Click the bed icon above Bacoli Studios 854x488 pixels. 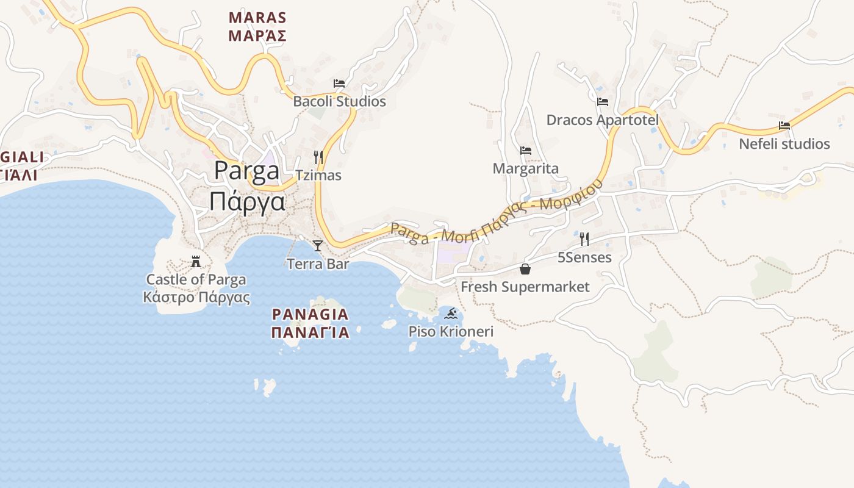click(x=339, y=83)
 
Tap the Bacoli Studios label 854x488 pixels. click(x=339, y=101)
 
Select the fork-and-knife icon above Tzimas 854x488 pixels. click(x=318, y=157)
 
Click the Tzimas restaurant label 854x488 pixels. click(x=318, y=176)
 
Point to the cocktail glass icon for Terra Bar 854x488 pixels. click(x=317, y=246)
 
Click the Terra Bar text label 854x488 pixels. click(x=318, y=264)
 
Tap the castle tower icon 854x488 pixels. click(x=196, y=262)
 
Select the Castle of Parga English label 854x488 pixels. click(x=196, y=280)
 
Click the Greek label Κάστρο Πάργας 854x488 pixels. click(x=196, y=298)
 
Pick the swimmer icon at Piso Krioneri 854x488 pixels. click(x=451, y=314)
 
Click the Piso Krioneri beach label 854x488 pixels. click(x=451, y=332)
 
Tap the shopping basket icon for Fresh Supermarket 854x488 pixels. click(x=525, y=269)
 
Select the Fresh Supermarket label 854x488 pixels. click(x=525, y=287)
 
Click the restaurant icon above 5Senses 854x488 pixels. click(x=584, y=239)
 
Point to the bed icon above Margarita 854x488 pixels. click(x=525, y=151)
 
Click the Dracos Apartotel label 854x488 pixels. click(x=602, y=120)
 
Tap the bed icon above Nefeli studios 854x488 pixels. click(x=784, y=126)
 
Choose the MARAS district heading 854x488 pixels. click(x=257, y=17)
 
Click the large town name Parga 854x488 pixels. click(x=246, y=171)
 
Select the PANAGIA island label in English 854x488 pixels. click(x=310, y=315)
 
